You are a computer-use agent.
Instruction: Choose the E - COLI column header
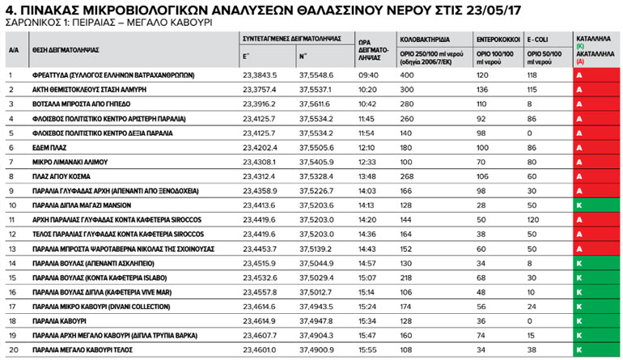[540, 39]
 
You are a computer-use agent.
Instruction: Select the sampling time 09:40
[368, 74]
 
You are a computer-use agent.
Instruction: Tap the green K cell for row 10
[579, 205]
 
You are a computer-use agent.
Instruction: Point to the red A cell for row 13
[579, 249]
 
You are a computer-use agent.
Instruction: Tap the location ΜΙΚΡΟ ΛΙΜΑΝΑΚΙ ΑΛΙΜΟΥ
[73, 162]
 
